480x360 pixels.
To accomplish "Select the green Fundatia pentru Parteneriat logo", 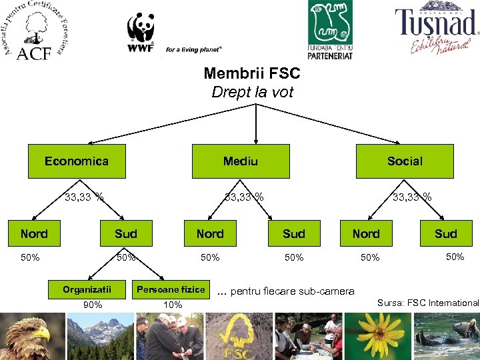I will [331, 30].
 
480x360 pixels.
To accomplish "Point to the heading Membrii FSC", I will [252, 73].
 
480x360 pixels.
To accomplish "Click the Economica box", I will [77, 161].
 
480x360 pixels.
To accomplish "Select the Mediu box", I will [241, 161].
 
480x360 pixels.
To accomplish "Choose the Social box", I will [405, 161].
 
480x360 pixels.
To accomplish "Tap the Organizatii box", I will [87, 289].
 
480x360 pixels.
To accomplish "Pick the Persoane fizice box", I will [171, 289].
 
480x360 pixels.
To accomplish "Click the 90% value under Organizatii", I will [93, 305].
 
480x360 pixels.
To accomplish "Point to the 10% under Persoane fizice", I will [173, 305].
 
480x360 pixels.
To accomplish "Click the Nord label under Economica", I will [34, 233].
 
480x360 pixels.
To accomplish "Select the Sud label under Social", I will [446, 233].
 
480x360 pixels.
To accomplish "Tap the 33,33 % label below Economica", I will [84, 197].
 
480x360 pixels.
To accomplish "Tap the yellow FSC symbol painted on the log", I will [237, 337].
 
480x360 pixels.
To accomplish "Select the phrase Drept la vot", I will [252, 92].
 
